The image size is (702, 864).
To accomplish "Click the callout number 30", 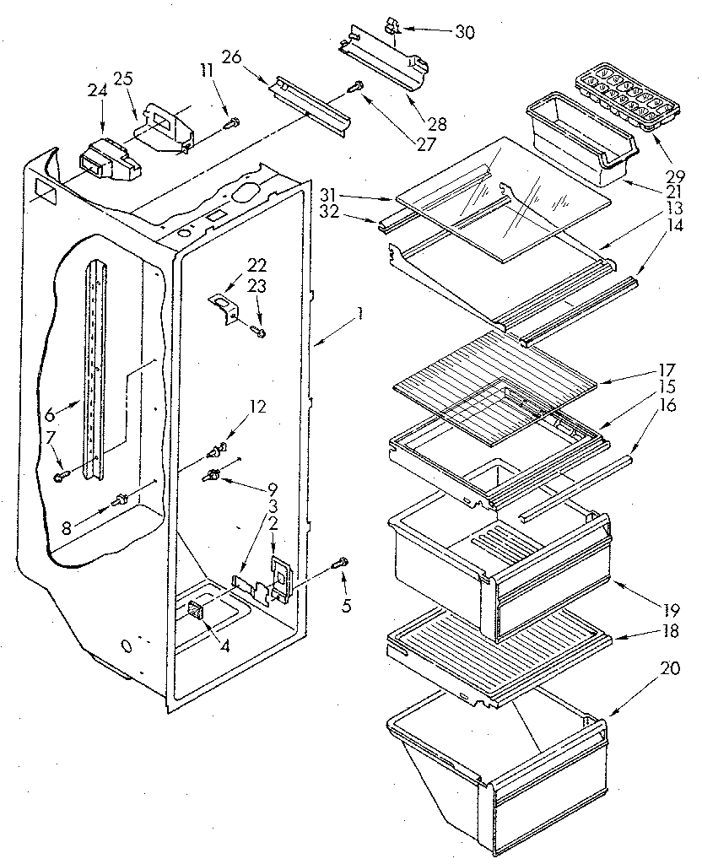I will (x=465, y=33).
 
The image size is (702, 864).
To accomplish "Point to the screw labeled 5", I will (x=342, y=562).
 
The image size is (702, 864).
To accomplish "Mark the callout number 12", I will (x=256, y=407).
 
